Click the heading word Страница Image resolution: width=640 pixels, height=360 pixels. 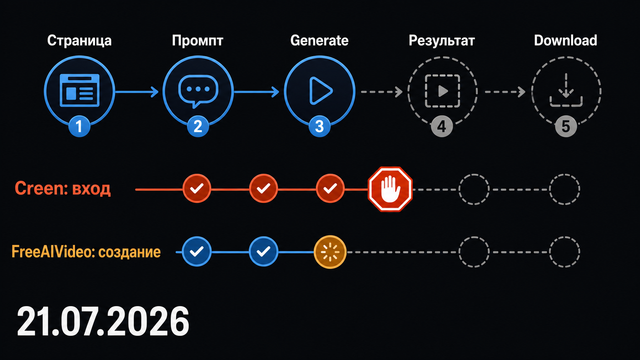click(x=79, y=41)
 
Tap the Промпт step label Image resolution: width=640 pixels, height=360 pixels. click(x=198, y=41)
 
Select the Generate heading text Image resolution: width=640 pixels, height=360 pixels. click(x=319, y=41)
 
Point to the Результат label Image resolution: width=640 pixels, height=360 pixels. click(x=442, y=41)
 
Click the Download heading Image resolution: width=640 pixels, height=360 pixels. click(x=565, y=41)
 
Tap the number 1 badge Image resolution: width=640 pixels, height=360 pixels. click(x=79, y=126)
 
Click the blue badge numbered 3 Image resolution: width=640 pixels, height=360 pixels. click(x=320, y=126)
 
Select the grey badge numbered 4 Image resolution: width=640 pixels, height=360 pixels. click(x=442, y=126)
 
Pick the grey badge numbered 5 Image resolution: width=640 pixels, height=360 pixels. click(x=566, y=126)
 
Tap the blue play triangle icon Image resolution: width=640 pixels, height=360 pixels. click(x=320, y=91)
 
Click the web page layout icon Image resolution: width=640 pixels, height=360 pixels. click(x=80, y=90)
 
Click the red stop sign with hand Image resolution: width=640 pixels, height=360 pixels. click(x=390, y=189)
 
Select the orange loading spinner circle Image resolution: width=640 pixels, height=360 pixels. click(x=330, y=252)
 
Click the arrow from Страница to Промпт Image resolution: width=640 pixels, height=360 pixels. click(x=137, y=92)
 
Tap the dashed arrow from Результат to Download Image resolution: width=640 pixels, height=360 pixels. click(x=505, y=92)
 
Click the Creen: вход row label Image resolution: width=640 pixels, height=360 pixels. click(x=62, y=189)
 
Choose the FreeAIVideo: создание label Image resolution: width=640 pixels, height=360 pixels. click(x=86, y=252)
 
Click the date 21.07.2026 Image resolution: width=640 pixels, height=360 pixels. click(x=103, y=321)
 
